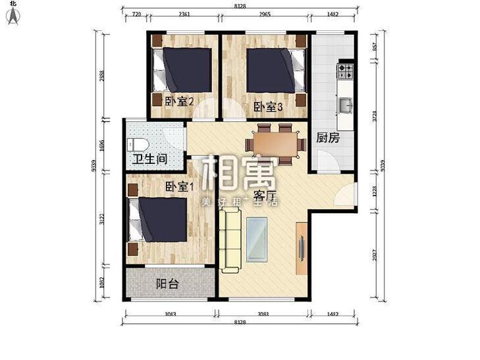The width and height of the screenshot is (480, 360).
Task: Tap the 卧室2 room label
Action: pos(178,101)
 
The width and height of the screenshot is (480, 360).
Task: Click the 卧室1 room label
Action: pos(180,187)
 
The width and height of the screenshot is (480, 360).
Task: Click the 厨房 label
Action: pos(328,138)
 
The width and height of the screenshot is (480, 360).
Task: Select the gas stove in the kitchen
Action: pos(346,70)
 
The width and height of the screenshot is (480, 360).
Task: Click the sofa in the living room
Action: pos(230,240)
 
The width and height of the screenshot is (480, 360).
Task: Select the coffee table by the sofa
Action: pos(258,238)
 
